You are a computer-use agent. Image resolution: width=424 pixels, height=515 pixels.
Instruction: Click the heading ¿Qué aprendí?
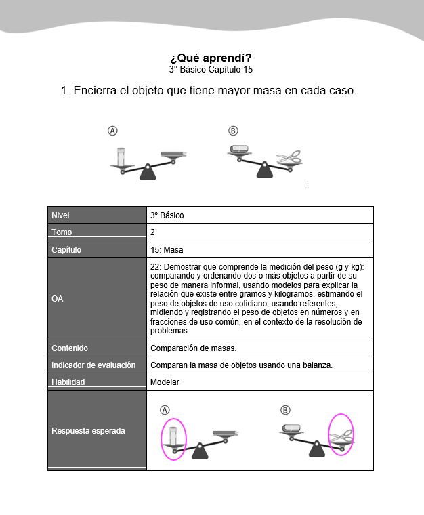click(x=211, y=58)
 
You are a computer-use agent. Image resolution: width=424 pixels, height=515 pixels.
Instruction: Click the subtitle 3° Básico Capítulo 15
click(x=211, y=69)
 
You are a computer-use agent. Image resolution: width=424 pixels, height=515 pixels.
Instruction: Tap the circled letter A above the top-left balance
click(x=113, y=131)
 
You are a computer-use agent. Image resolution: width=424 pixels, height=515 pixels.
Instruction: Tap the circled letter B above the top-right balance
click(x=233, y=131)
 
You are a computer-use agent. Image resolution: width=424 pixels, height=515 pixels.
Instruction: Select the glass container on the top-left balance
click(x=122, y=156)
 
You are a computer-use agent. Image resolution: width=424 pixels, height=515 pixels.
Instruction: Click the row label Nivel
click(x=61, y=215)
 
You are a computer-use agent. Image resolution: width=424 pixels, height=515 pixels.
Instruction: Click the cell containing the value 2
click(x=153, y=232)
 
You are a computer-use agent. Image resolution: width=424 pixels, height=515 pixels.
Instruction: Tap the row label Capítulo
click(x=66, y=250)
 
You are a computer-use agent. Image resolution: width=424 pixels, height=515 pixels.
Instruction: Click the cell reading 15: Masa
click(x=168, y=250)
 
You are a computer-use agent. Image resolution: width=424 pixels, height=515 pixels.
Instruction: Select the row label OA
click(x=57, y=299)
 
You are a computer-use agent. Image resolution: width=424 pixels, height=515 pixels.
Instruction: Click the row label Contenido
click(x=70, y=348)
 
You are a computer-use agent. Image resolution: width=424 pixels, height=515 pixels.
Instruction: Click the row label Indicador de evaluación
click(x=93, y=365)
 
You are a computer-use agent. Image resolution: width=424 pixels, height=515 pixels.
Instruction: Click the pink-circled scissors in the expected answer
click(x=341, y=433)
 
